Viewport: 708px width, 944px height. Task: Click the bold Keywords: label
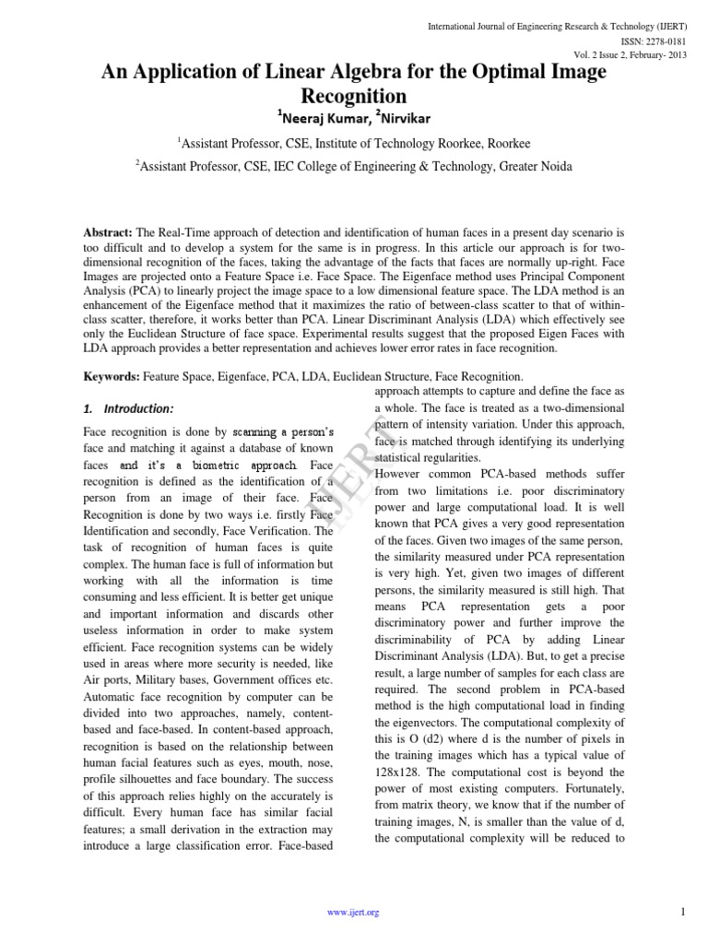click(111, 376)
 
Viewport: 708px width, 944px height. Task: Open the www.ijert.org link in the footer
click(354, 913)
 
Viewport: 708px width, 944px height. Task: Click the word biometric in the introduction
click(217, 464)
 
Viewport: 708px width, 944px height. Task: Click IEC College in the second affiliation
click(332, 166)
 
